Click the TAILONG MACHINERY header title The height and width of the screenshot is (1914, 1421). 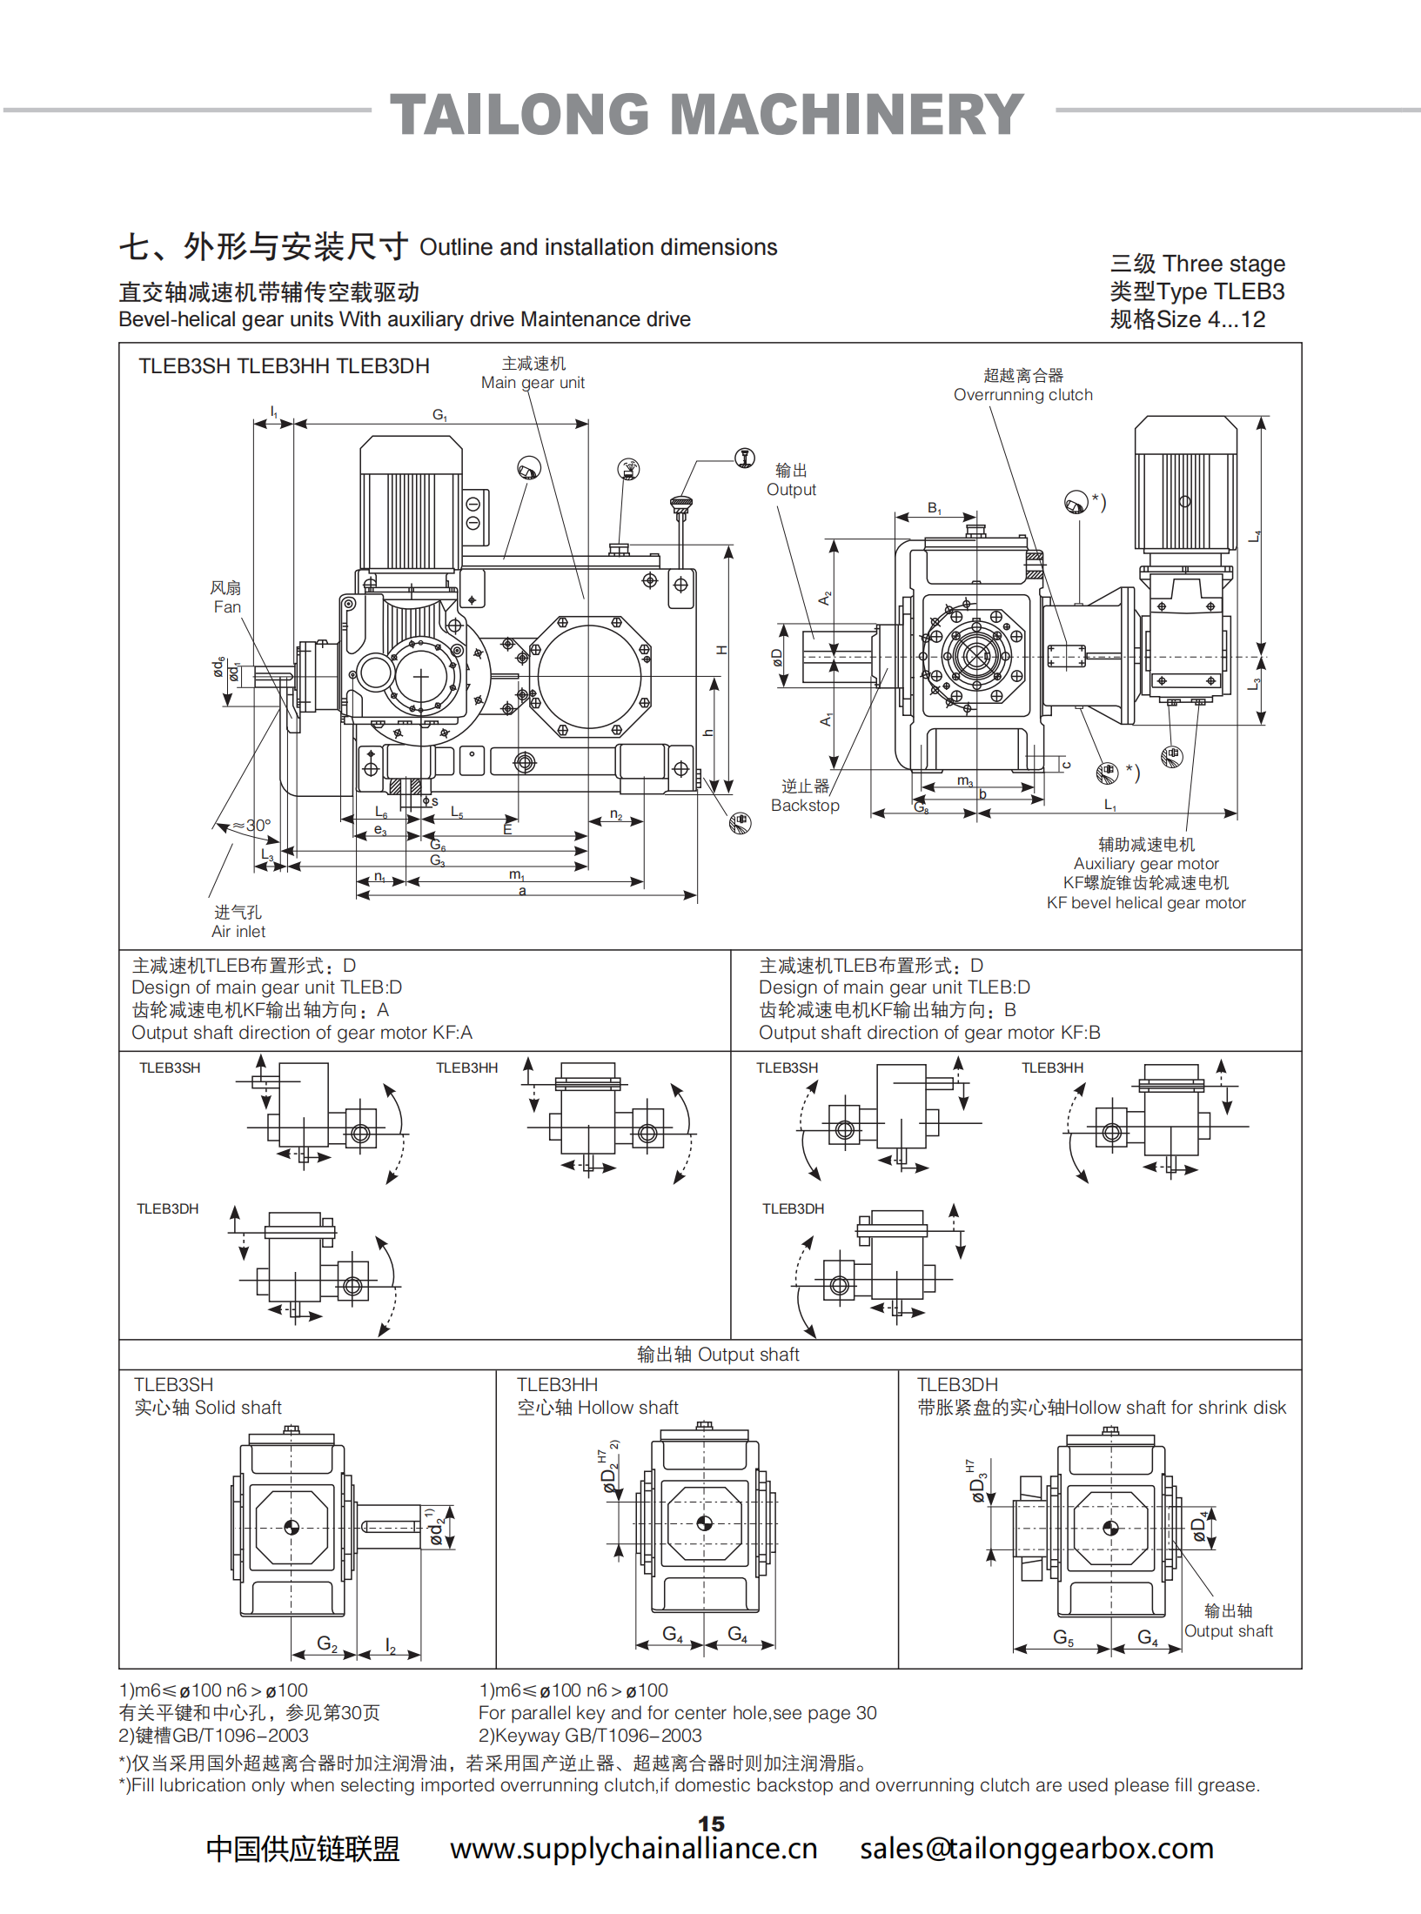pyautogui.click(x=707, y=114)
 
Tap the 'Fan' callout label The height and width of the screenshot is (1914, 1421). pyautogui.click(x=226, y=606)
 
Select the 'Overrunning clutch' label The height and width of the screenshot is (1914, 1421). pyautogui.click(x=1022, y=394)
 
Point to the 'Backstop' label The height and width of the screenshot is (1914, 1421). pyautogui.click(x=805, y=805)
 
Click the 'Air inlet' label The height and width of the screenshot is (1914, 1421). pyautogui.click(x=238, y=931)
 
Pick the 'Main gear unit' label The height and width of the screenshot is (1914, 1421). pyautogui.click(x=533, y=382)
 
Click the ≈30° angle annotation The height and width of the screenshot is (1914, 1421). pyautogui.click(x=251, y=825)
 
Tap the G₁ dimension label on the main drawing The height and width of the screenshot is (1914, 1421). pyautogui.click(x=440, y=415)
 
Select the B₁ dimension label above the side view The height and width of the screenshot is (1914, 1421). pyautogui.click(x=935, y=508)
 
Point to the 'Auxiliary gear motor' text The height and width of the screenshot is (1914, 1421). pyautogui.click(x=1146, y=863)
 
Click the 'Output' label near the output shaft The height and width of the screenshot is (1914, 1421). pyautogui.click(x=791, y=489)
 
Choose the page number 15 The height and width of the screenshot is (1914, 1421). pyautogui.click(x=711, y=1824)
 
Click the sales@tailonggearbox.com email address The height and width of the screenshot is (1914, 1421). pyautogui.click(x=1036, y=1848)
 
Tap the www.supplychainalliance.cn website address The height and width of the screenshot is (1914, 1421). pyautogui.click(x=633, y=1848)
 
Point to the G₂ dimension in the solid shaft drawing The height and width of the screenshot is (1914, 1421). pyautogui.click(x=327, y=1643)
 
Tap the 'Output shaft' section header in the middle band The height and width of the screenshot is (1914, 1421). pyautogui.click(x=718, y=1354)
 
